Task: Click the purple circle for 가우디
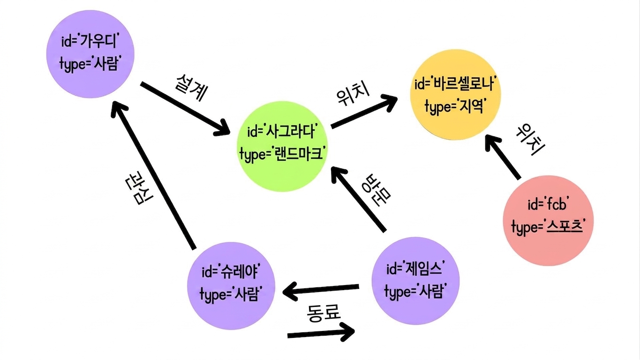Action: pos(90,54)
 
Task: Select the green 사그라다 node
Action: pos(282,146)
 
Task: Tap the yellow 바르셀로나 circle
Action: pos(455,95)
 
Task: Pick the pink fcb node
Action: pos(548,221)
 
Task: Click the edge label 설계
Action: pos(191,88)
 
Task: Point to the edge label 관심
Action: pos(139,187)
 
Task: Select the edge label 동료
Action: pos(324,313)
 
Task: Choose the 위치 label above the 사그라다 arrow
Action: pos(353,94)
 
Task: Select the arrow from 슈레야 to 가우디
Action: pos(153,175)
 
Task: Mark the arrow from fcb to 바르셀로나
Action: pos(503,157)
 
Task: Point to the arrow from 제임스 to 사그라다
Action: pos(359,199)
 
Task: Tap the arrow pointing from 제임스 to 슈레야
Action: pos(321,290)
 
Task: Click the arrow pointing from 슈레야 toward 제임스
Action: pos(321,333)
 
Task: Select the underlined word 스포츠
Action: pos(565,228)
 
